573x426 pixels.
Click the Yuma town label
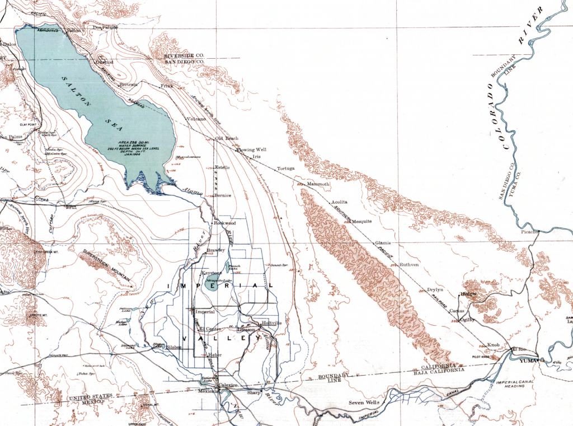[527, 361]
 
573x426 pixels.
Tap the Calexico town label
[228, 386]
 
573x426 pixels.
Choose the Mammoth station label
[319, 184]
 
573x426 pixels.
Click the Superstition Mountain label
[106, 265]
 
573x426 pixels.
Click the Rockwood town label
[225, 223]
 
